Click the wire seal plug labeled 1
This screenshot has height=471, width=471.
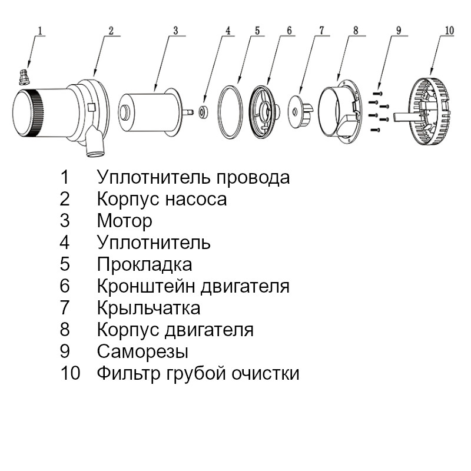(x=24, y=77)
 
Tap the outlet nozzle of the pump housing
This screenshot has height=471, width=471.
(x=95, y=142)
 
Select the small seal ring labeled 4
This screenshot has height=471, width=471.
(x=203, y=112)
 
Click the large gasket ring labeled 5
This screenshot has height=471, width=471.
(x=230, y=112)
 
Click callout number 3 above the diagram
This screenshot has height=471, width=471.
(x=175, y=31)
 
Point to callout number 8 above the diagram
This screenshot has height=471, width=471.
(x=356, y=31)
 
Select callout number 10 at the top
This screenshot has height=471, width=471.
(x=449, y=31)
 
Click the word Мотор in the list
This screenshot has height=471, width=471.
(x=125, y=221)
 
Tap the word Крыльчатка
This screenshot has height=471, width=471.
(x=149, y=308)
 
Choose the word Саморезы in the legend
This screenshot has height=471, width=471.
(x=142, y=351)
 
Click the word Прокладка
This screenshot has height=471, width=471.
(x=144, y=265)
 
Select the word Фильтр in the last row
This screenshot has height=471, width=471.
(x=128, y=373)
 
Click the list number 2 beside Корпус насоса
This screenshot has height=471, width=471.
(x=65, y=199)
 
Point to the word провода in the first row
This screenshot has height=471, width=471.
(x=253, y=178)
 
